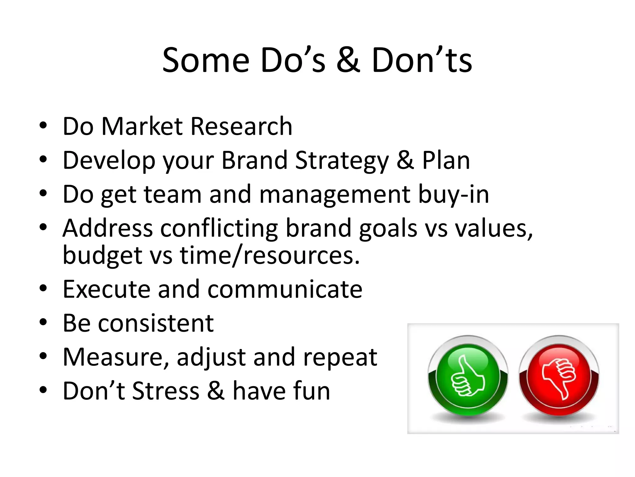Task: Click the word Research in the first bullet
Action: pos(241,126)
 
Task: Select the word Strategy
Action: pos(342,161)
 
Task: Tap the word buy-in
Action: pos(453,195)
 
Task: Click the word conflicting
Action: pos(219,229)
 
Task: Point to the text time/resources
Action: pos(270,256)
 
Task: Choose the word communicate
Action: pos(285,289)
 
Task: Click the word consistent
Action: pos(156,323)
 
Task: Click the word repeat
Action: pos(340,358)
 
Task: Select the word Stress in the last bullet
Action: pos(166,391)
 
